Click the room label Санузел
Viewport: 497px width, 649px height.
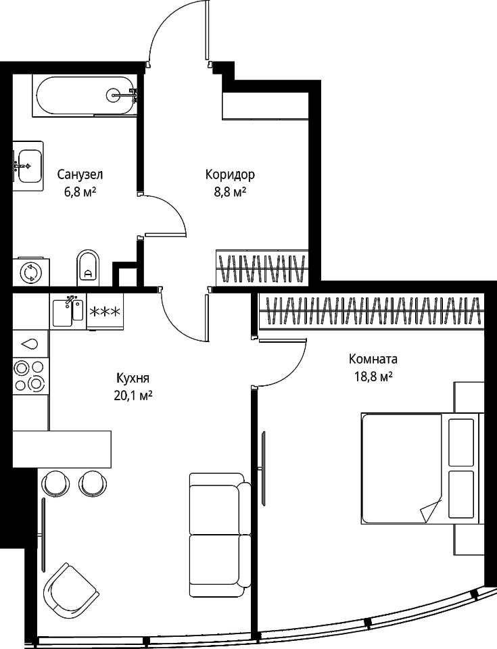pos(80,174)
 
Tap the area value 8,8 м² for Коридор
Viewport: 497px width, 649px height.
pos(230,192)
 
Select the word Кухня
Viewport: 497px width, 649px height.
pos(133,378)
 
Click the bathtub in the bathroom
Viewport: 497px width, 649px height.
pos(85,96)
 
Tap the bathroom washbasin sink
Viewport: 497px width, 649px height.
pos(28,166)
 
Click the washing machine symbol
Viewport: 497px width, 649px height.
pos(31,272)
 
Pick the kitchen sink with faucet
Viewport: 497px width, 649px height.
pos(68,311)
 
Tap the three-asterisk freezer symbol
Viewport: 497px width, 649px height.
pos(105,311)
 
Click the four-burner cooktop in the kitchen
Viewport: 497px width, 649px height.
pos(30,377)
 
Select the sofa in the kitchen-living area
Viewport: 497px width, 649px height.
pos(220,535)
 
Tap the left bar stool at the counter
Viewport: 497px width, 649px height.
pos(57,483)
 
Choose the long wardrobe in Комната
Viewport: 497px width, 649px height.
pos(371,311)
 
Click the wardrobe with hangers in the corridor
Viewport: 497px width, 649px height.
pos(262,268)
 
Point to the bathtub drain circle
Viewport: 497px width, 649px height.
pos(114,95)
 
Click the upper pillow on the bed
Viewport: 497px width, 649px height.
pos(461,442)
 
